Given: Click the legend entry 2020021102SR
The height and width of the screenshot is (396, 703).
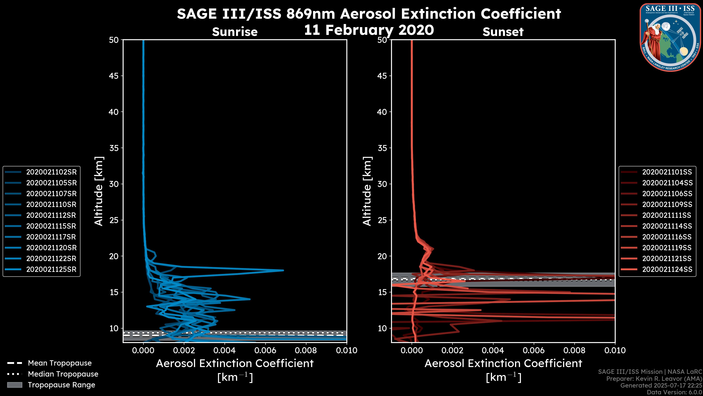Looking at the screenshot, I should coord(51,172).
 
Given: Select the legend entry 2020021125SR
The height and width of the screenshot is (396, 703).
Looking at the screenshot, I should coord(51,269).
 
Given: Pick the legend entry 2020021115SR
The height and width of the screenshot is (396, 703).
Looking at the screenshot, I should coord(51,226).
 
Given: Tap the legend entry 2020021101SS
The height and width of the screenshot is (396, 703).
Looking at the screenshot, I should coord(667,172).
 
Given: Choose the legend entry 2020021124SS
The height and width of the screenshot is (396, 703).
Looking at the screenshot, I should coord(667,269).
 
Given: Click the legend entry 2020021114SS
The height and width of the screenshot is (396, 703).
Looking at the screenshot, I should coord(667,226).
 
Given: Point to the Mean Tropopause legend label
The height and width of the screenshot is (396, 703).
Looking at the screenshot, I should coord(60,363).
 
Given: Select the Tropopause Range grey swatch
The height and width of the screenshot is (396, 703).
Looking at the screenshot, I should coord(15,385).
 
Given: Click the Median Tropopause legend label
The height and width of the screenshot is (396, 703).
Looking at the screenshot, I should coord(63,374).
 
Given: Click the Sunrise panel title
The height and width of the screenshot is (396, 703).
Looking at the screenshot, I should coord(235,32).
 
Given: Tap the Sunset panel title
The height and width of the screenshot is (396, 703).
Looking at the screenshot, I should coord(503,32).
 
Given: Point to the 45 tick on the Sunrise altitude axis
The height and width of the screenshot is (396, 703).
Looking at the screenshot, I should coord(114,76).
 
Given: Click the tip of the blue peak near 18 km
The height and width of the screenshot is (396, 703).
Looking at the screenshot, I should coord(283,270).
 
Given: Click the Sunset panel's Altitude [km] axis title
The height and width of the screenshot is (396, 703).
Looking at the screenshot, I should coord(367,191).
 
